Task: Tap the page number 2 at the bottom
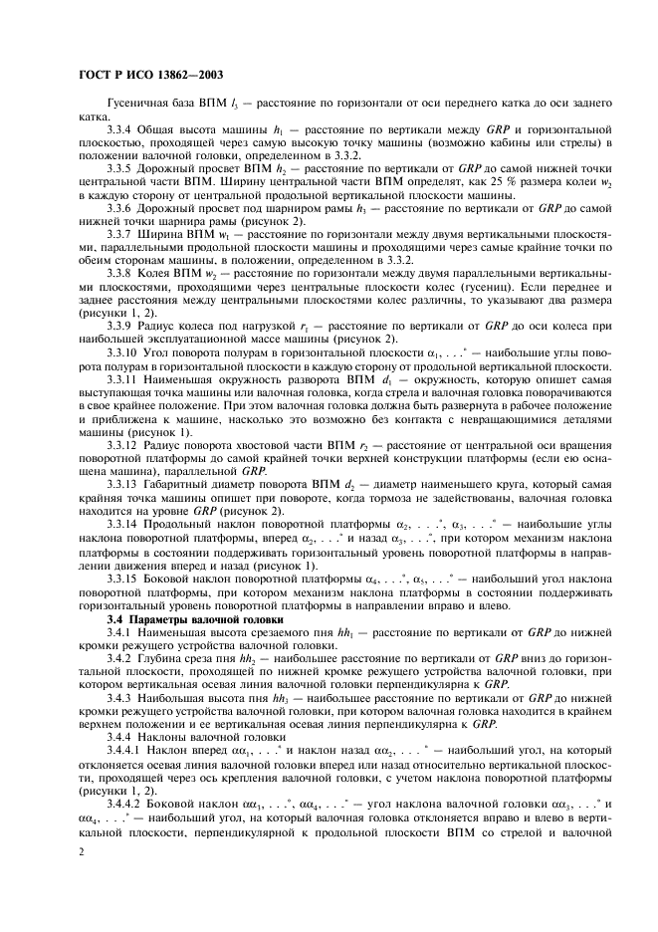pyautogui.click(x=81, y=853)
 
